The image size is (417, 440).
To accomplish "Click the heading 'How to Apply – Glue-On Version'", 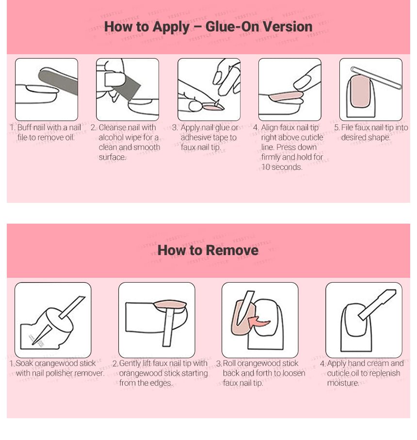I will coord(208,26).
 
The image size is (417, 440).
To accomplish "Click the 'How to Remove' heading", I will coord(208,250).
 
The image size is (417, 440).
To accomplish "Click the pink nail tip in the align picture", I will coord(286,96).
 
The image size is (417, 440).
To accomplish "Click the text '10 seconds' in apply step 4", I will coord(282,167).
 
